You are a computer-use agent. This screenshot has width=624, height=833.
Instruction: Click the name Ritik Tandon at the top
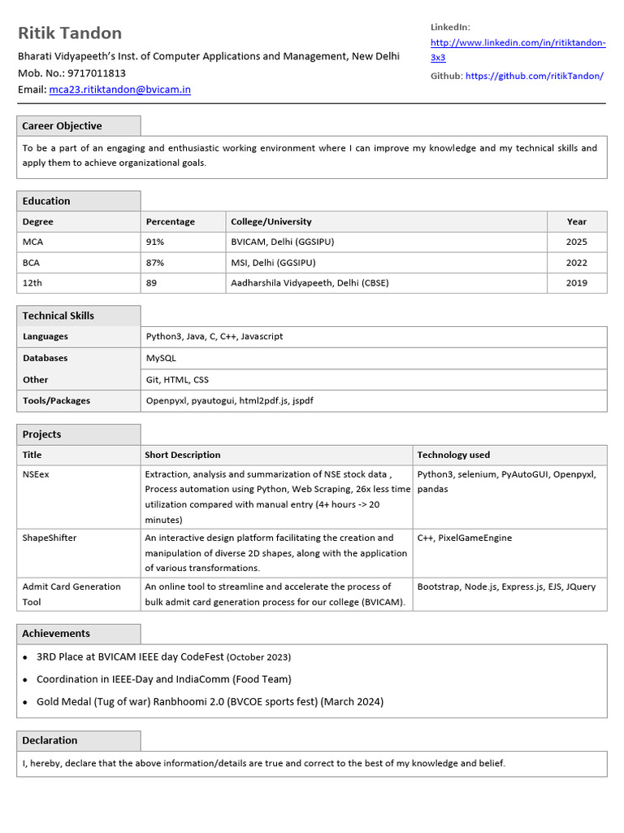coord(70,33)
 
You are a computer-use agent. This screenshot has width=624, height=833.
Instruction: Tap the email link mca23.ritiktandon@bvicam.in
coord(119,89)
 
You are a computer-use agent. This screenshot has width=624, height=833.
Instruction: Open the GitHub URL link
coord(534,76)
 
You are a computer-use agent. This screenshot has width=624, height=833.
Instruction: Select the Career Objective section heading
coord(62,126)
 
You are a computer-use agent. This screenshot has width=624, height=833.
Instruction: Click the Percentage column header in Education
coord(171,221)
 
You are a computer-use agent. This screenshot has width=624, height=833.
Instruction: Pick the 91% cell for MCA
coord(155,242)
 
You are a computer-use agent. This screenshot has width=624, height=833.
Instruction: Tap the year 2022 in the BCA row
coord(576,263)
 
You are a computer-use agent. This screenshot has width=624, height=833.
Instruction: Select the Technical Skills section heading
coord(58,316)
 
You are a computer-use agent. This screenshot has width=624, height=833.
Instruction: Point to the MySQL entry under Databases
coord(161,358)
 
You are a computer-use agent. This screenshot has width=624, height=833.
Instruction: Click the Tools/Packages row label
coord(56,400)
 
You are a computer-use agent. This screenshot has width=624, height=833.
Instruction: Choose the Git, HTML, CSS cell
coord(178,379)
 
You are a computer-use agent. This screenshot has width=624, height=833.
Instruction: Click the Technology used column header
coord(453,455)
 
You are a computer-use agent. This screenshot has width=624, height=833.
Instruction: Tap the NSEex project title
coord(36,474)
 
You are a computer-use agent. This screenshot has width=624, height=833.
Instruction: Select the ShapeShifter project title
coord(50,538)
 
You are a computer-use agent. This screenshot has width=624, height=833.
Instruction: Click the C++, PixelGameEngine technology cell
coord(464,538)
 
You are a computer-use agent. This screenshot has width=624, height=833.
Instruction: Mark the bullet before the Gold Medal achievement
coord(26,702)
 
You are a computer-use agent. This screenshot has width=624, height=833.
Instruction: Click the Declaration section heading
coord(50,740)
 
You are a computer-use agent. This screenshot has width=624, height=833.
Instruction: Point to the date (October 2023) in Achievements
coord(258,656)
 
